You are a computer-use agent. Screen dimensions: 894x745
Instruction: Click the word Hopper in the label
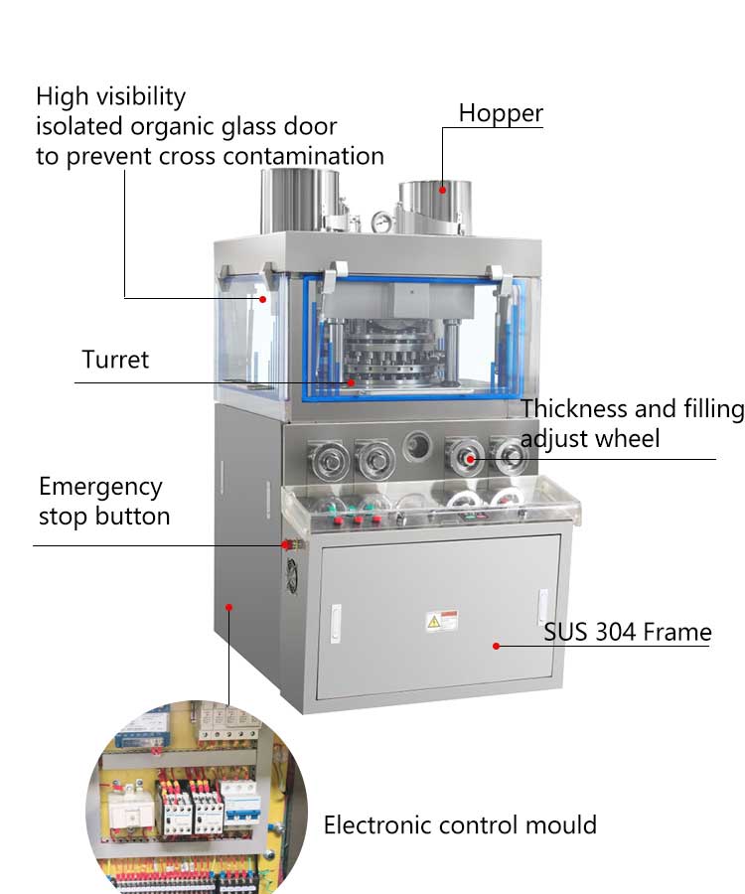[501, 113]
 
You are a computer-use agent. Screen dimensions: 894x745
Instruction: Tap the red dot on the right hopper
[442, 186]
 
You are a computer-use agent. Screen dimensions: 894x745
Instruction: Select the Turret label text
[115, 360]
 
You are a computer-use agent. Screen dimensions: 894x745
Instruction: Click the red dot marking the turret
[350, 380]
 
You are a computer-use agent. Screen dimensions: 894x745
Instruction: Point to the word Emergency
[100, 487]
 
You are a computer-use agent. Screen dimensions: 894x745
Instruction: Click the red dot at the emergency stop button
[284, 544]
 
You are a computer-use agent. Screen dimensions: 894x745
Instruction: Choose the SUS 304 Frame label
[627, 632]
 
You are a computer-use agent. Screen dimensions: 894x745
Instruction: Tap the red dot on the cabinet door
[497, 646]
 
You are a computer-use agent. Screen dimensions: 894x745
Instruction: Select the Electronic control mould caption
[460, 824]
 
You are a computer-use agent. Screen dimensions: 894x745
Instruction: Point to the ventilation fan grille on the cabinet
[293, 577]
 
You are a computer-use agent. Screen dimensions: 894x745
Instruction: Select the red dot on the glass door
[263, 298]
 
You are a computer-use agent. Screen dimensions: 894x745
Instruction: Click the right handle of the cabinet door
[542, 606]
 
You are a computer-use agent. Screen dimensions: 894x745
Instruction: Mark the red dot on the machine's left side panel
[228, 605]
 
